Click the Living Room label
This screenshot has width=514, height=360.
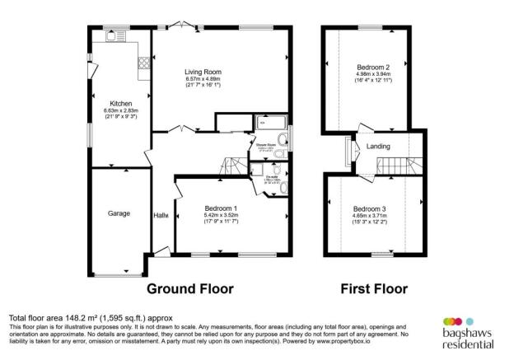coord(202,72)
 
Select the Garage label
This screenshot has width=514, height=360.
coord(119,213)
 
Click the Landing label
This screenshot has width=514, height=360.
coord(378,147)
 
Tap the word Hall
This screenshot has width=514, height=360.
coord(161,216)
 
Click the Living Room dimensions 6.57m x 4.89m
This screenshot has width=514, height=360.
coord(202,79)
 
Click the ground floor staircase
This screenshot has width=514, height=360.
coord(238,166)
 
